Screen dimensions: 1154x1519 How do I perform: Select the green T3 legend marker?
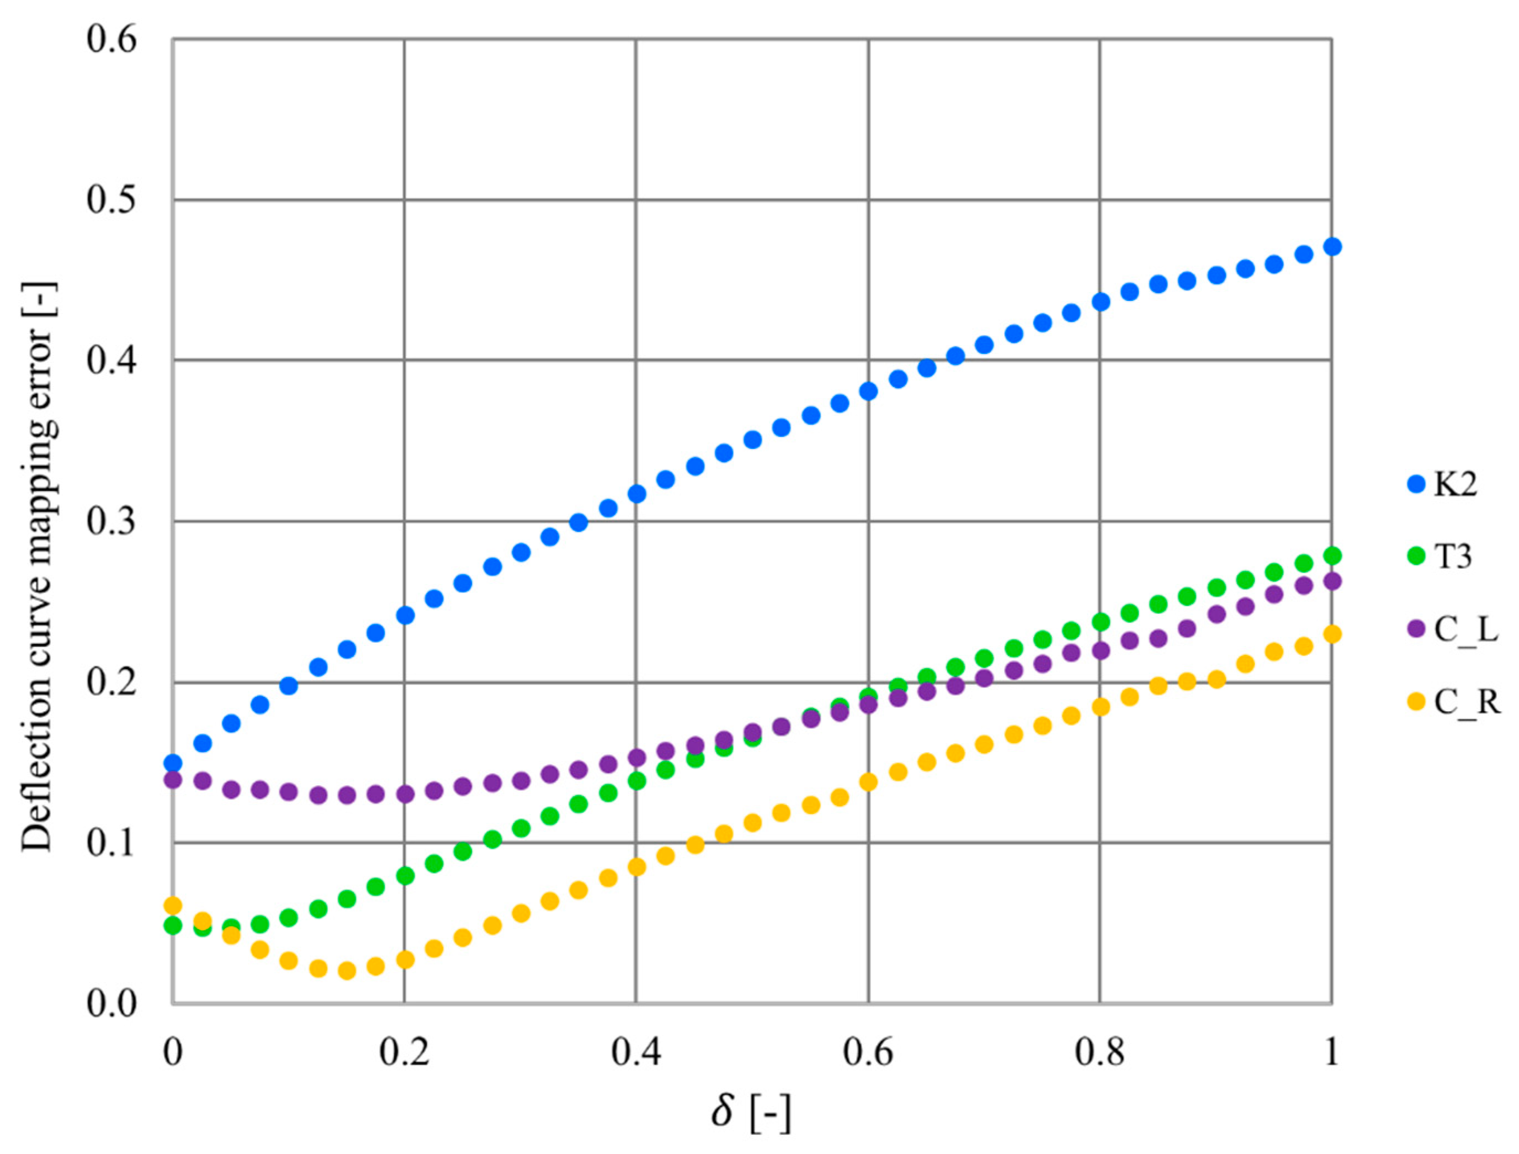coord(1417,557)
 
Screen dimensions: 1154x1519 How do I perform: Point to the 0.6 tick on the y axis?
coord(111,39)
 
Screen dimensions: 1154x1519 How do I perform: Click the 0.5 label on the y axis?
coord(111,200)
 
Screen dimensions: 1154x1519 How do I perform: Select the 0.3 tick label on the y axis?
coord(111,521)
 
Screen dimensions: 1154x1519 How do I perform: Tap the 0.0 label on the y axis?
coord(111,1004)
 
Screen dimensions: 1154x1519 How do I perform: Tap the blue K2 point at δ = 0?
coord(173,763)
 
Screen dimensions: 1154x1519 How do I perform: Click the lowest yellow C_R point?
coord(347,971)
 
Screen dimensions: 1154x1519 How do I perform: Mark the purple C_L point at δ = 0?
coord(173,780)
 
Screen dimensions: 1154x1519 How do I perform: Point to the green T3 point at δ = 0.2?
coord(405,876)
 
